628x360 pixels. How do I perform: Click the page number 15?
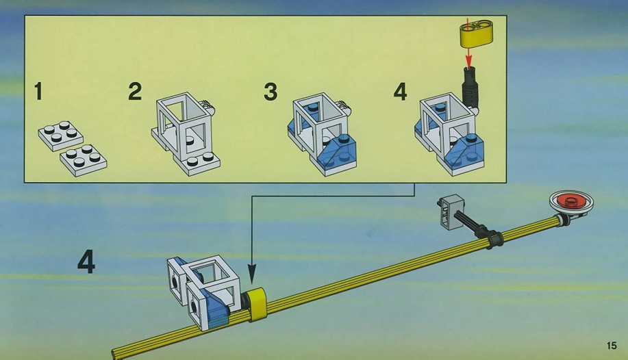pos(612,345)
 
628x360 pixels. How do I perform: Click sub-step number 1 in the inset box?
pos(38,91)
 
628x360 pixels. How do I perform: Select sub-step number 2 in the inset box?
pos(135,91)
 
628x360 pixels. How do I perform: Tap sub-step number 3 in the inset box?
pos(271,91)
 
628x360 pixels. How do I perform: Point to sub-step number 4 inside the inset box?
pos(400,92)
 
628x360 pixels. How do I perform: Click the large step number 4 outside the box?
pos(86,261)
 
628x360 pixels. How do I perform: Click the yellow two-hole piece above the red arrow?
pos(476,33)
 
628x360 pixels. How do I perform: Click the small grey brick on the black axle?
pos(451,211)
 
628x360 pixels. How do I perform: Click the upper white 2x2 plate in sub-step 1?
pos(61,136)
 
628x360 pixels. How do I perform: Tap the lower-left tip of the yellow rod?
pos(114,354)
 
